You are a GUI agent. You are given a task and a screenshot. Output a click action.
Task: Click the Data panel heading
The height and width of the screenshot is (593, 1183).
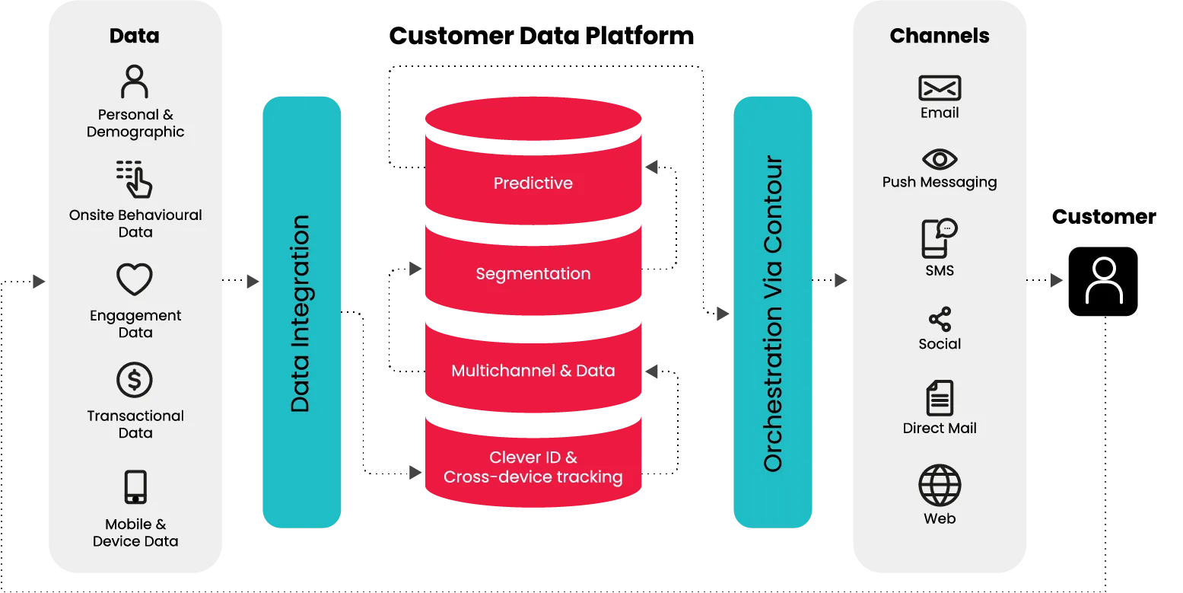tap(135, 36)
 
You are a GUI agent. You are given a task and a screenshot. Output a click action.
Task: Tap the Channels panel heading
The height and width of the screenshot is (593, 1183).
tap(940, 36)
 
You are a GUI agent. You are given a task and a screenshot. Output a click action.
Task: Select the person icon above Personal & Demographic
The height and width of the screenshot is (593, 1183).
tap(135, 81)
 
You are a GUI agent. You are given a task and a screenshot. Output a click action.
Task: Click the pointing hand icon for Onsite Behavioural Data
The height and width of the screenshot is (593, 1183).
tap(135, 180)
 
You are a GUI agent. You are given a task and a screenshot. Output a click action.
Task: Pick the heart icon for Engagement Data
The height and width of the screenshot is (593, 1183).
tap(135, 280)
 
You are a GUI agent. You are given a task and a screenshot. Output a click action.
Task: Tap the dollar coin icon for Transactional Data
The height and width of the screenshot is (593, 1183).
tap(135, 380)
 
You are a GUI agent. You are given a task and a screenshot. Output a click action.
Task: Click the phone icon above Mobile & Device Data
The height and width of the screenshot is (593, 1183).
tap(135, 487)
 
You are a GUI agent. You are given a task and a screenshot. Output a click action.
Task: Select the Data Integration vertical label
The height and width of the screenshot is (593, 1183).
tap(301, 314)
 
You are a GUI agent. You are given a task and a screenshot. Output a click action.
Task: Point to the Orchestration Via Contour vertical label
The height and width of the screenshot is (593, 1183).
tap(773, 314)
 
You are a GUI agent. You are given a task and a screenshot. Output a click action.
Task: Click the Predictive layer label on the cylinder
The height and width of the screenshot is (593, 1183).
tap(533, 183)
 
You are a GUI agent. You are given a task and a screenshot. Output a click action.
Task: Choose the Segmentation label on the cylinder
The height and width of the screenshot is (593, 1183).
tap(533, 274)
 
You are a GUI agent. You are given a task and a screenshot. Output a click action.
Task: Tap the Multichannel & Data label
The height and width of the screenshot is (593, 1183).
tap(533, 371)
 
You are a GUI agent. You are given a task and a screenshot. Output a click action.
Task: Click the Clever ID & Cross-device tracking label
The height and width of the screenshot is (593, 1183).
tap(533, 467)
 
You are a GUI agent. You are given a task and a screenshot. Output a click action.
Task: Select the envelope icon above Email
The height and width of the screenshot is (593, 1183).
tap(940, 88)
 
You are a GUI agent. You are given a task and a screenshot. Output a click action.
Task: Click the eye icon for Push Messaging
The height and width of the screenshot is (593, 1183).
tap(940, 159)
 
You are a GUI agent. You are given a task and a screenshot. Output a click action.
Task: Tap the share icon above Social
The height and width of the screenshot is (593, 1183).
tap(940, 320)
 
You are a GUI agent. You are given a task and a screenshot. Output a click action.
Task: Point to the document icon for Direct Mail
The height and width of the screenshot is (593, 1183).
tap(940, 398)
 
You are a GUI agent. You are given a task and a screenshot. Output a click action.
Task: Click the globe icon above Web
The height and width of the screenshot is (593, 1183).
tap(940, 486)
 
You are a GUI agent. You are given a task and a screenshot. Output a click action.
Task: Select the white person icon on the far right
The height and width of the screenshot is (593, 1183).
tap(1104, 281)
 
